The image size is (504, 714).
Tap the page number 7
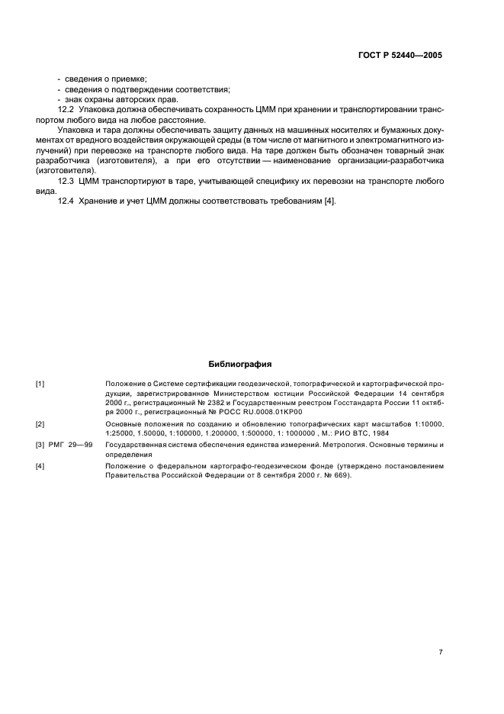click(440, 630)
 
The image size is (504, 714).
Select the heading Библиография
click(239, 364)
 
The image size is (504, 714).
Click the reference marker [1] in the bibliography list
click(40, 384)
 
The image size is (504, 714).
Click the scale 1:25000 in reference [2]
click(120, 433)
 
